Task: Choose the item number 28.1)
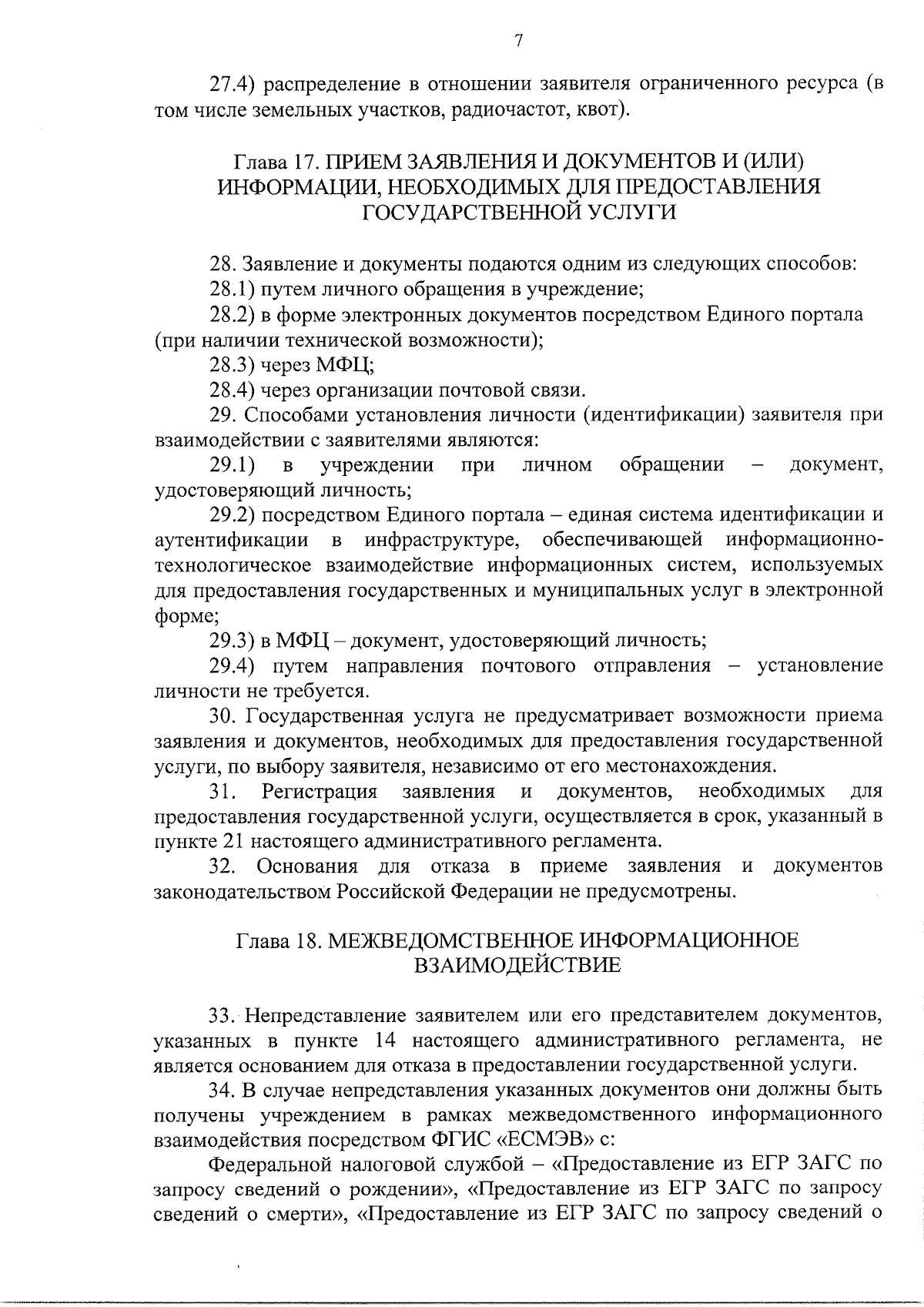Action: click(233, 290)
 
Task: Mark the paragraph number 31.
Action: click(224, 791)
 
